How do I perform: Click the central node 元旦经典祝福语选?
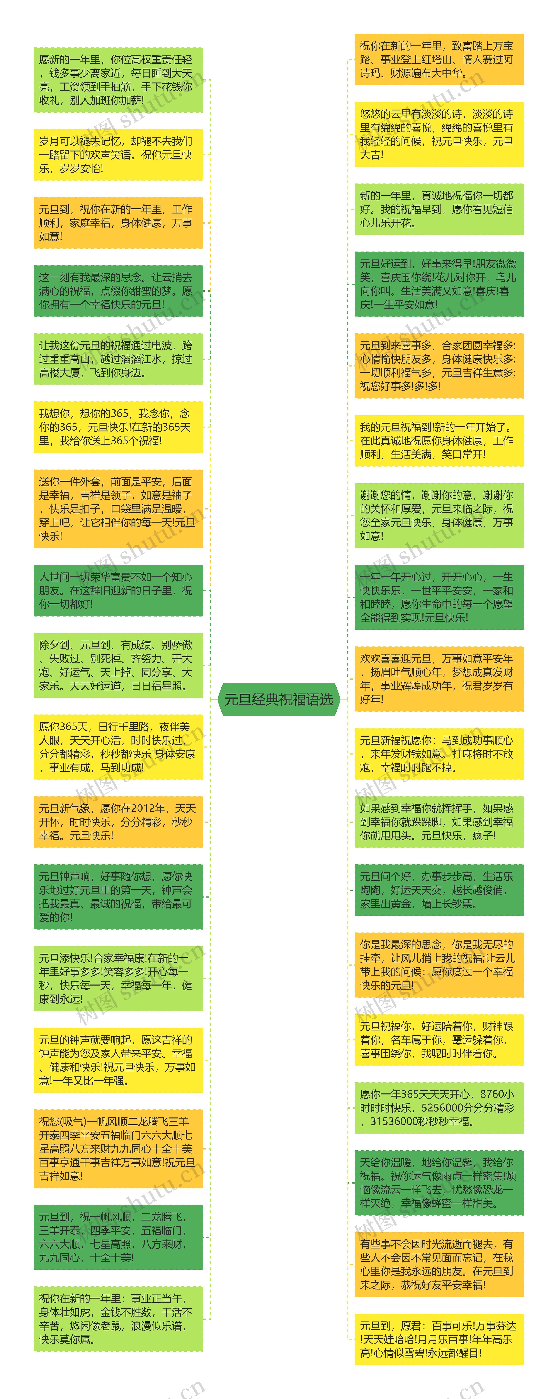click(x=279, y=700)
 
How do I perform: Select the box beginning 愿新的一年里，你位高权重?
click(x=118, y=80)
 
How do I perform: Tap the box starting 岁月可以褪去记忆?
click(x=118, y=155)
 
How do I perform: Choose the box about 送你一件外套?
click(x=118, y=509)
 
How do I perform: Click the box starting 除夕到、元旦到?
click(x=118, y=665)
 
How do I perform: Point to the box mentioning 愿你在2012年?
click(x=118, y=822)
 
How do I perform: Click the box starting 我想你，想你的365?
click(x=118, y=427)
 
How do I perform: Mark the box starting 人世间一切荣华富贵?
click(x=118, y=590)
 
